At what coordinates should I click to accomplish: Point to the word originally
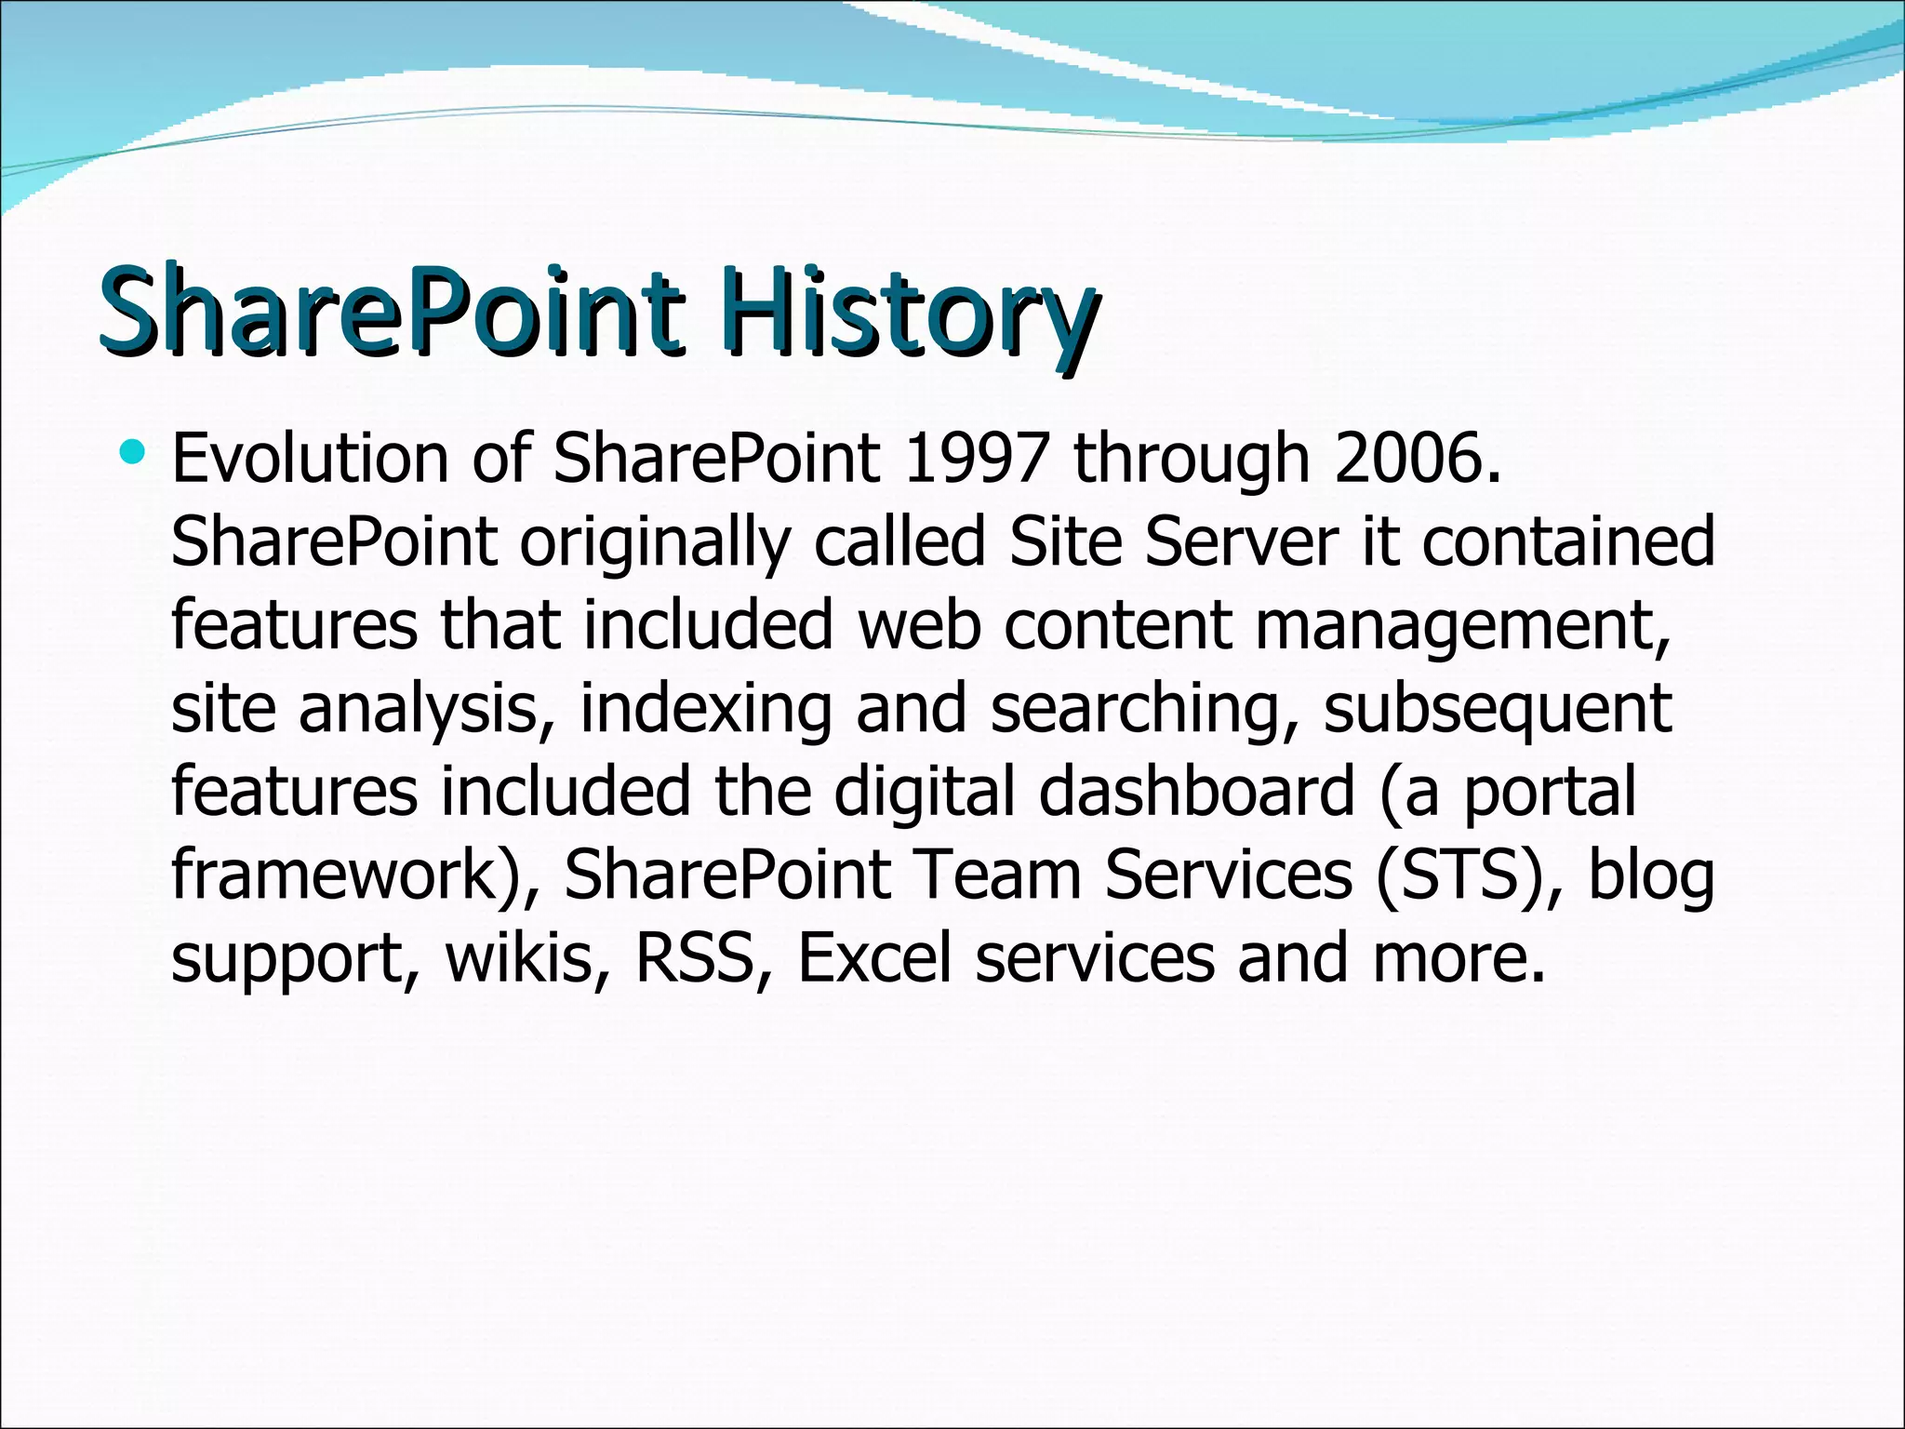point(654,542)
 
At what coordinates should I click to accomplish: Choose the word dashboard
point(1196,791)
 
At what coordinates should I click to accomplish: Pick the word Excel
point(874,958)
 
